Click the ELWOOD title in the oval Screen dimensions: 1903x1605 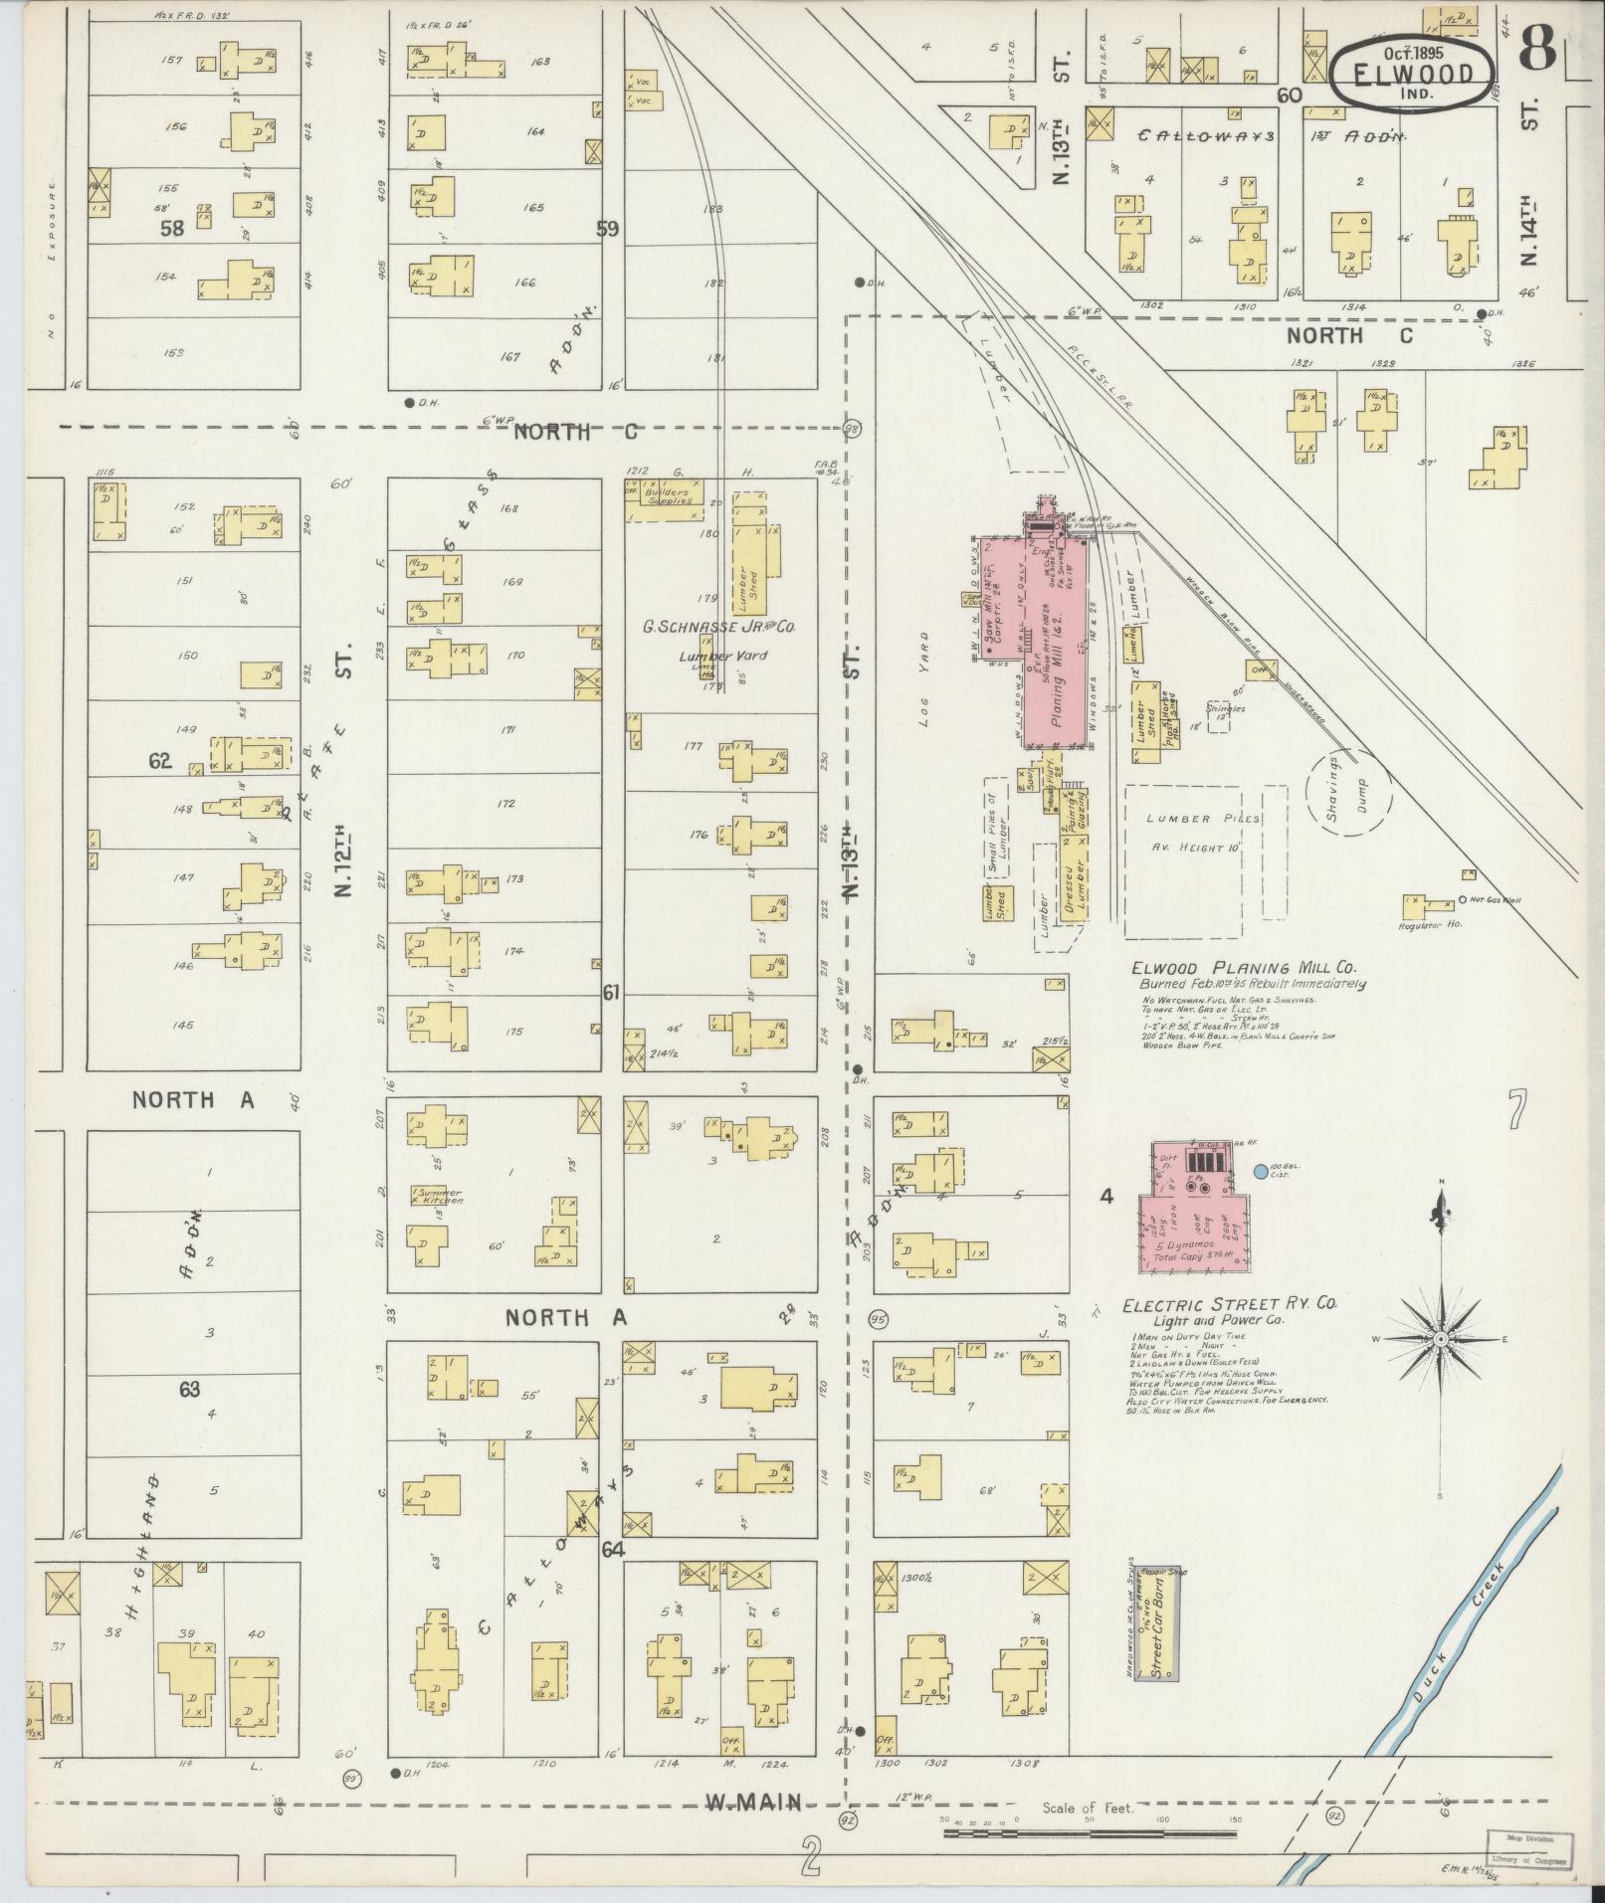coord(1412,73)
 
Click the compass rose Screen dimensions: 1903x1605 coord(1440,1339)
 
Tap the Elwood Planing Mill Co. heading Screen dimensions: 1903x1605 coord(1244,967)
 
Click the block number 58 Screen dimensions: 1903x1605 coord(173,228)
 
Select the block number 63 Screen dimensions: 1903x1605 coord(189,1390)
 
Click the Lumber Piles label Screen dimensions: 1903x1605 coord(1202,819)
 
